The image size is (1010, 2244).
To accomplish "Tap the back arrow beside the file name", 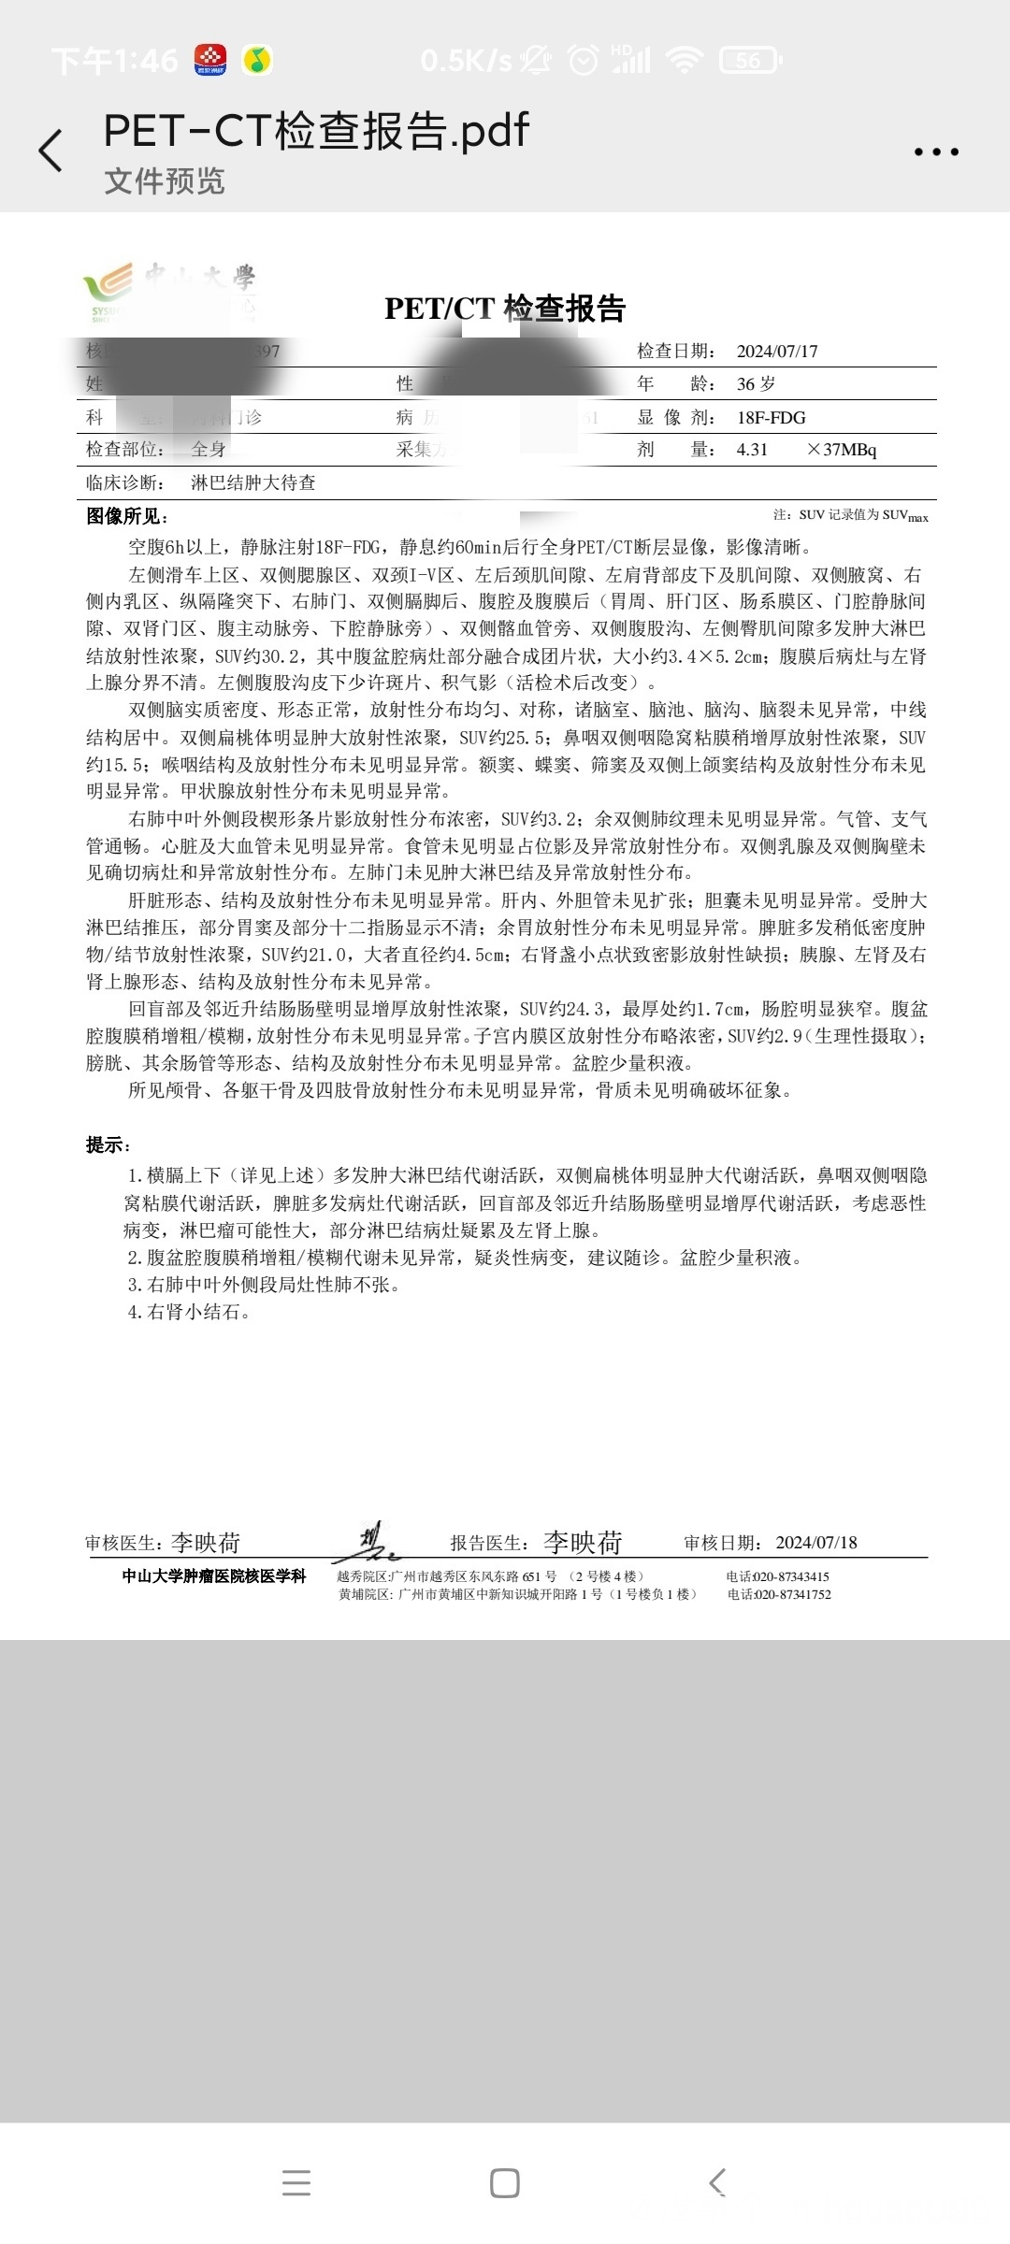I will click(x=51, y=151).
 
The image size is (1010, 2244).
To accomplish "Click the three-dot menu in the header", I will click(x=936, y=151).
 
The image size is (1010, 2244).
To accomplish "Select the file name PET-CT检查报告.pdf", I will click(x=316, y=131).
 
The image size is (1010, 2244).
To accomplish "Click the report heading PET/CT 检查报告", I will click(x=505, y=309).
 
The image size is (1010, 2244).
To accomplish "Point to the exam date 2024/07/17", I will click(x=777, y=352).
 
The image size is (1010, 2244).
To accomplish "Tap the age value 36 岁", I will click(x=756, y=384).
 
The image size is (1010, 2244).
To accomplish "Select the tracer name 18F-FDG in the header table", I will click(x=771, y=418).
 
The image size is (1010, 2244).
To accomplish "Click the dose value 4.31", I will click(x=752, y=450).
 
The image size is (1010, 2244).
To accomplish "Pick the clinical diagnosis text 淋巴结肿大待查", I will click(x=253, y=483).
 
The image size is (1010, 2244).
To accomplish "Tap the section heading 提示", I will click(x=108, y=1145).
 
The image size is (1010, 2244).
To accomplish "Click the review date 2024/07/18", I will click(x=816, y=1543).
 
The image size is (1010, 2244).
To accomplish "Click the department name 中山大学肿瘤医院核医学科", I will click(x=214, y=1576).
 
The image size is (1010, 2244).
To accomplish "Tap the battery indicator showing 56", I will click(x=749, y=61).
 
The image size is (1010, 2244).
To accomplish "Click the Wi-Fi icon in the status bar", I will click(x=685, y=61).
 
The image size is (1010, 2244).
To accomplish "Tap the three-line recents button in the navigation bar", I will click(x=296, y=2183).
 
